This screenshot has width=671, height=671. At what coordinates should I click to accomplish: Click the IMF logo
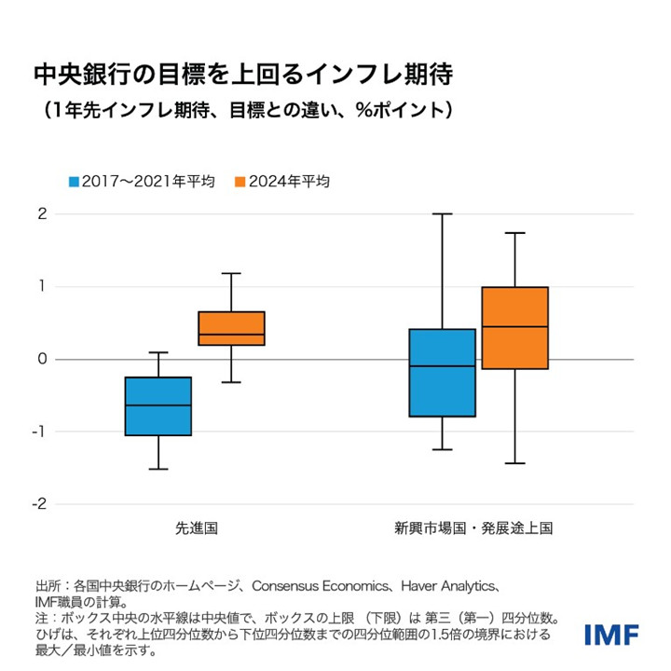[x=610, y=635]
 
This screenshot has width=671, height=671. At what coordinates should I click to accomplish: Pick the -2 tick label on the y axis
[x=39, y=504]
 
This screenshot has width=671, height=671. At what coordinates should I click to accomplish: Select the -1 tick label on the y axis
[x=39, y=431]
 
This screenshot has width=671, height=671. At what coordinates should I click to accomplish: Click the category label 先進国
[x=197, y=528]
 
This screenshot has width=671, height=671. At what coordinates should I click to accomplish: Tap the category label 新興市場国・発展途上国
[x=473, y=528]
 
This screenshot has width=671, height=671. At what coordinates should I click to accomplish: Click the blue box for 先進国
[x=158, y=406]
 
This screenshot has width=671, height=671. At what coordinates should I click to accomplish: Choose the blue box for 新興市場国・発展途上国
[x=443, y=373]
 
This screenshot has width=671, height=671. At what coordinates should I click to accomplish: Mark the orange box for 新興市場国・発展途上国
[x=515, y=328]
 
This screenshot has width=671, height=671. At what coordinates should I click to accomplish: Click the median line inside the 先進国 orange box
[x=232, y=335]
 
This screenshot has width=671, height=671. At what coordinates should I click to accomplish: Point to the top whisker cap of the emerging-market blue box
[x=443, y=214]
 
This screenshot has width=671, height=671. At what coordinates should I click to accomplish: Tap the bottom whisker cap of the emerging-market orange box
[x=515, y=463]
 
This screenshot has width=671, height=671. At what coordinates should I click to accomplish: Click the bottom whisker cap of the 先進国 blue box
[x=158, y=469]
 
